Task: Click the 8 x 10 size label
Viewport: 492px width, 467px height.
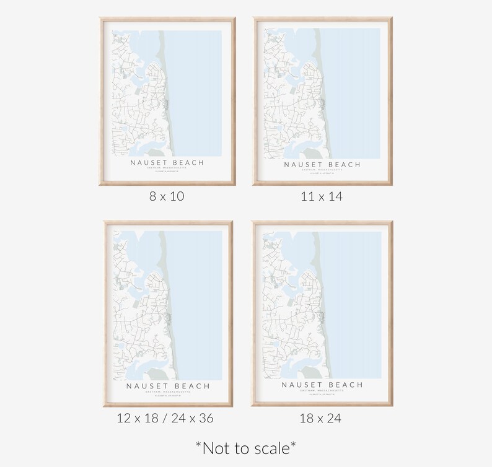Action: click(x=167, y=197)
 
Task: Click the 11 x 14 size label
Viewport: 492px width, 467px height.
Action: click(x=322, y=197)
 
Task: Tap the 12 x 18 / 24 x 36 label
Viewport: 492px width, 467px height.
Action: click(x=165, y=419)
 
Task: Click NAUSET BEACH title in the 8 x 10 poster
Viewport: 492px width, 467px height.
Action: click(x=167, y=163)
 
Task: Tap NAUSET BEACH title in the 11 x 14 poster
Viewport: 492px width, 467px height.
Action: click(x=322, y=165)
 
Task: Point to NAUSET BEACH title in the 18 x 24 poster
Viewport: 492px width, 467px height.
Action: click(x=322, y=385)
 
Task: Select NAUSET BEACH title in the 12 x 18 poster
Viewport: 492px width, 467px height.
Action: click(x=168, y=386)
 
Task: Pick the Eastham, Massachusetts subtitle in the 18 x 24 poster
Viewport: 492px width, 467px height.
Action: click(x=322, y=391)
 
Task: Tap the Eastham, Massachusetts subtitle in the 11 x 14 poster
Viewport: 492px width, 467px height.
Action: click(x=322, y=170)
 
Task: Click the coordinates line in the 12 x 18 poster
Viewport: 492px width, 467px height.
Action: click(x=168, y=396)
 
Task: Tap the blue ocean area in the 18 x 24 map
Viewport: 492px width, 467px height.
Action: click(x=353, y=297)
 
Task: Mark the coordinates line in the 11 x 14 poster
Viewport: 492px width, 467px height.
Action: click(x=322, y=173)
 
